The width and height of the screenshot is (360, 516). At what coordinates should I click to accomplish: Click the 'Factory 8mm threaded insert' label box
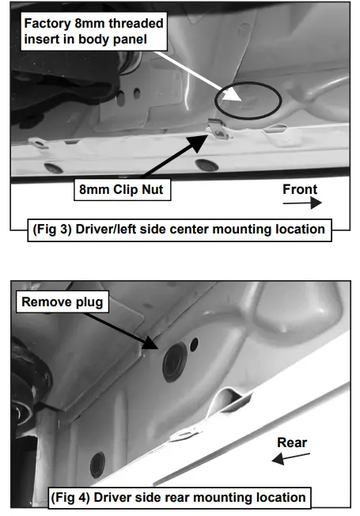click(x=94, y=32)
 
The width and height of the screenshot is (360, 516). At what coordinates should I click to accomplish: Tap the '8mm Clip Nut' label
click(x=122, y=190)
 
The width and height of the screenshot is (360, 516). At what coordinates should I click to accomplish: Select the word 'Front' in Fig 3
click(x=300, y=190)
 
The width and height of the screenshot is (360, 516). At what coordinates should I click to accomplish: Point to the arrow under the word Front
click(x=302, y=203)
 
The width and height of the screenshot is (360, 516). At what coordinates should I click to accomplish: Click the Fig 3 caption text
click(x=179, y=230)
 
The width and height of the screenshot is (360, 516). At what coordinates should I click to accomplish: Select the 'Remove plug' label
click(x=63, y=302)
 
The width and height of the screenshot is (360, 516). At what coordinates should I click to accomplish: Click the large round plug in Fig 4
click(x=174, y=362)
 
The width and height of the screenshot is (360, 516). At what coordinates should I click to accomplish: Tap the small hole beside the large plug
click(x=194, y=344)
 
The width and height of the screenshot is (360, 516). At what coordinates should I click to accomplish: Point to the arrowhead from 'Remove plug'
click(x=150, y=343)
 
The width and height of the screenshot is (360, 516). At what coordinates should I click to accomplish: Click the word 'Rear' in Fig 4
click(x=292, y=442)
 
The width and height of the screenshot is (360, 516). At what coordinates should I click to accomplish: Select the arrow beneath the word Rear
click(x=291, y=459)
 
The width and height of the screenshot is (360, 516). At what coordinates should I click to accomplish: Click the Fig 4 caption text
click(x=178, y=498)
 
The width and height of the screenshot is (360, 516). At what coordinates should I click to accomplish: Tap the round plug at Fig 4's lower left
click(x=98, y=465)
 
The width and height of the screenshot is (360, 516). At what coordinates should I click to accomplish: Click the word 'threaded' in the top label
click(x=136, y=24)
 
